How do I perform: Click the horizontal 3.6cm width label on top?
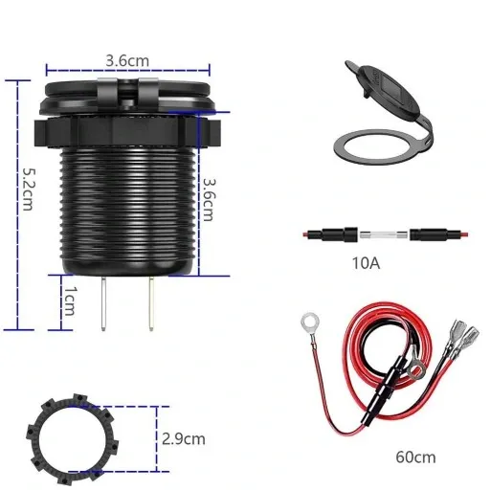(x=127, y=59)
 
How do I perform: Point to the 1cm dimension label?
(x=69, y=303)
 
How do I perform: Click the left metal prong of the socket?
(x=102, y=303)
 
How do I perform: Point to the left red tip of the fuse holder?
(x=305, y=234)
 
